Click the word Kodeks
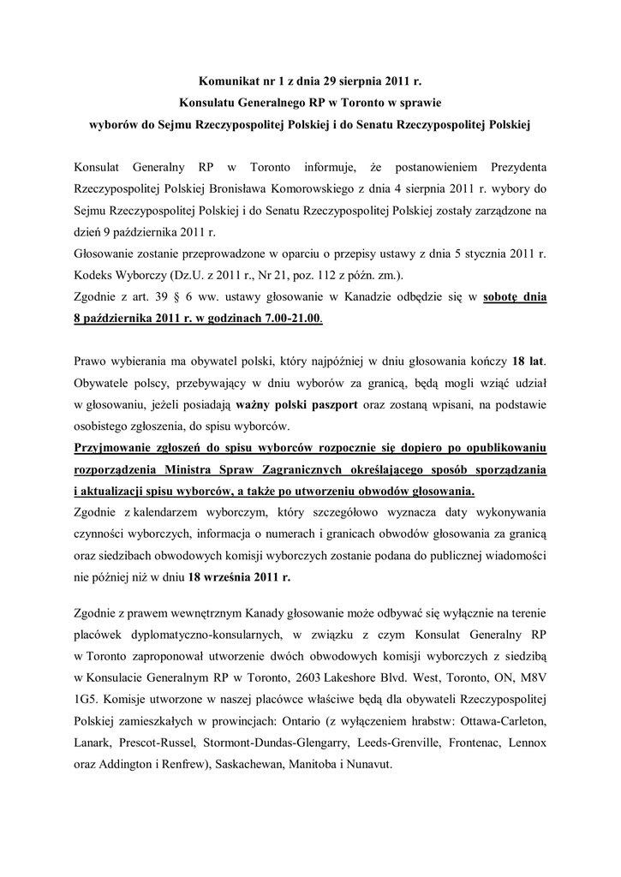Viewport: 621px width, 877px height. [x=97, y=277]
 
